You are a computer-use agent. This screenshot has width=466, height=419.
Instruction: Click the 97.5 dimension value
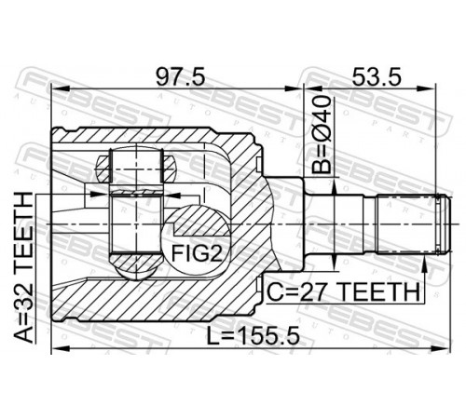pos(180,77)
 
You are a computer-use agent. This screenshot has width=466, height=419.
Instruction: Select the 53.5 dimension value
pos(377,77)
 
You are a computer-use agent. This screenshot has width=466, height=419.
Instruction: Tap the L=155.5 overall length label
pos(254,336)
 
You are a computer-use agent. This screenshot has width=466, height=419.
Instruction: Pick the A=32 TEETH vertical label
pos(23,267)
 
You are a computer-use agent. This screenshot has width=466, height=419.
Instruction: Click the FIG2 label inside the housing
pos(198,253)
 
